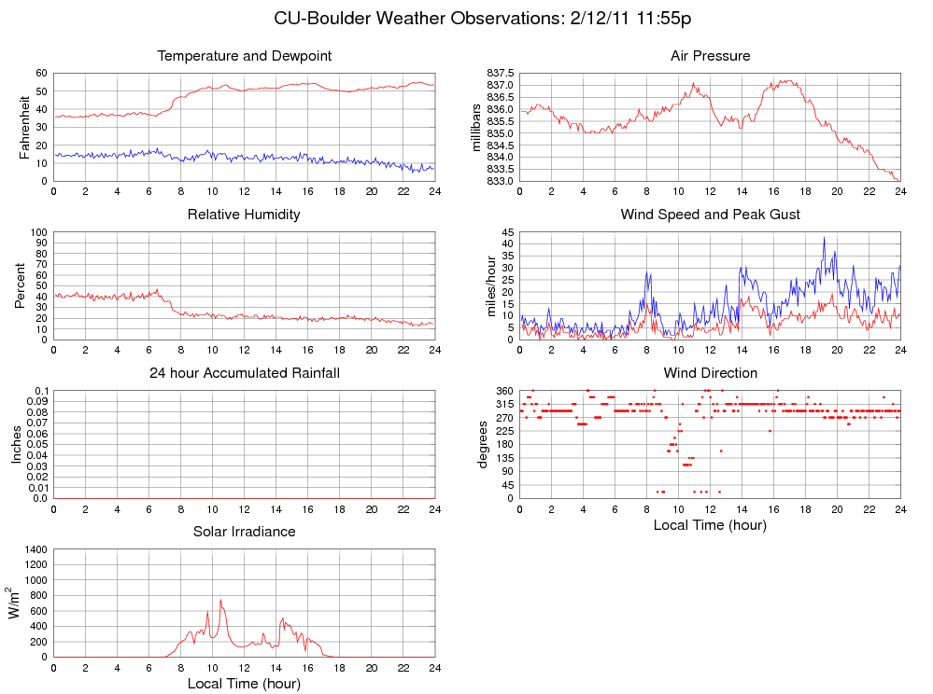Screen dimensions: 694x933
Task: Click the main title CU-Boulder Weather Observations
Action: click(482, 19)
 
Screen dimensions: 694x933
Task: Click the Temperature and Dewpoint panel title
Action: click(244, 56)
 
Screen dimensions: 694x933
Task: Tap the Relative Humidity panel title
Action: click(244, 215)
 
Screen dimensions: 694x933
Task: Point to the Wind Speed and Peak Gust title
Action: click(710, 215)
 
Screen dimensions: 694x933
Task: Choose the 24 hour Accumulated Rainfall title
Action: click(244, 373)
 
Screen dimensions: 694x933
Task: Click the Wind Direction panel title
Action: click(710, 373)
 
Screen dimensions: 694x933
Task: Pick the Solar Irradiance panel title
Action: click(244, 532)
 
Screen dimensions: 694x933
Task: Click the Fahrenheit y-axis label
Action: click(25, 127)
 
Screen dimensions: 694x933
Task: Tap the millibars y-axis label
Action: click(477, 127)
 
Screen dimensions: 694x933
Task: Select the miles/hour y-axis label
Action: click(491, 285)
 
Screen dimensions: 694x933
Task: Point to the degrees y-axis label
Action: click(483, 444)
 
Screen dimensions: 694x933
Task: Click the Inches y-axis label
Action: click(16, 444)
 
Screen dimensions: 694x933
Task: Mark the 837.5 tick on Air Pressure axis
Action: click(501, 73)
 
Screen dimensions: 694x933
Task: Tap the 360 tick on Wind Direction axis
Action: click(504, 390)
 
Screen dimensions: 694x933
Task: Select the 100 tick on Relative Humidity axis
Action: click(38, 231)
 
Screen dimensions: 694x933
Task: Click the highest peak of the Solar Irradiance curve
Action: click(220, 600)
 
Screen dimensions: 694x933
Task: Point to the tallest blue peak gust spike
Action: click(824, 237)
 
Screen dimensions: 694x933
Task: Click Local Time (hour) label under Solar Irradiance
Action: click(244, 684)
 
